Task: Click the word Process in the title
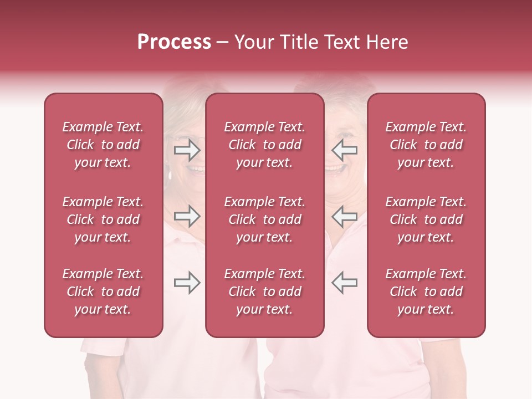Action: click(x=174, y=42)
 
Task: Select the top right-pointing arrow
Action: click(x=187, y=150)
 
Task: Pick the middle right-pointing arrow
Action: click(x=187, y=216)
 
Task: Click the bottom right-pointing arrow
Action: click(x=187, y=283)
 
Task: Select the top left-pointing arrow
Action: click(x=344, y=150)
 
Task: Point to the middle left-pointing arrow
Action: click(x=344, y=216)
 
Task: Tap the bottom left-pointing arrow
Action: click(x=344, y=283)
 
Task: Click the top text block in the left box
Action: click(x=103, y=145)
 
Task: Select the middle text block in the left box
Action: click(x=103, y=219)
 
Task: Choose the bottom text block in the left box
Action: click(x=103, y=291)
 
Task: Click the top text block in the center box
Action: click(x=265, y=145)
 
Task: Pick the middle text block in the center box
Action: click(x=265, y=219)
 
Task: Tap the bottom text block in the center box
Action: click(x=265, y=291)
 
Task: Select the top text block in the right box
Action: click(x=426, y=145)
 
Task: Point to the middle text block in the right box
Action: click(x=426, y=219)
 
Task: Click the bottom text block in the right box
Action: click(x=426, y=291)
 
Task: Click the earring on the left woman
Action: click(x=170, y=175)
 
